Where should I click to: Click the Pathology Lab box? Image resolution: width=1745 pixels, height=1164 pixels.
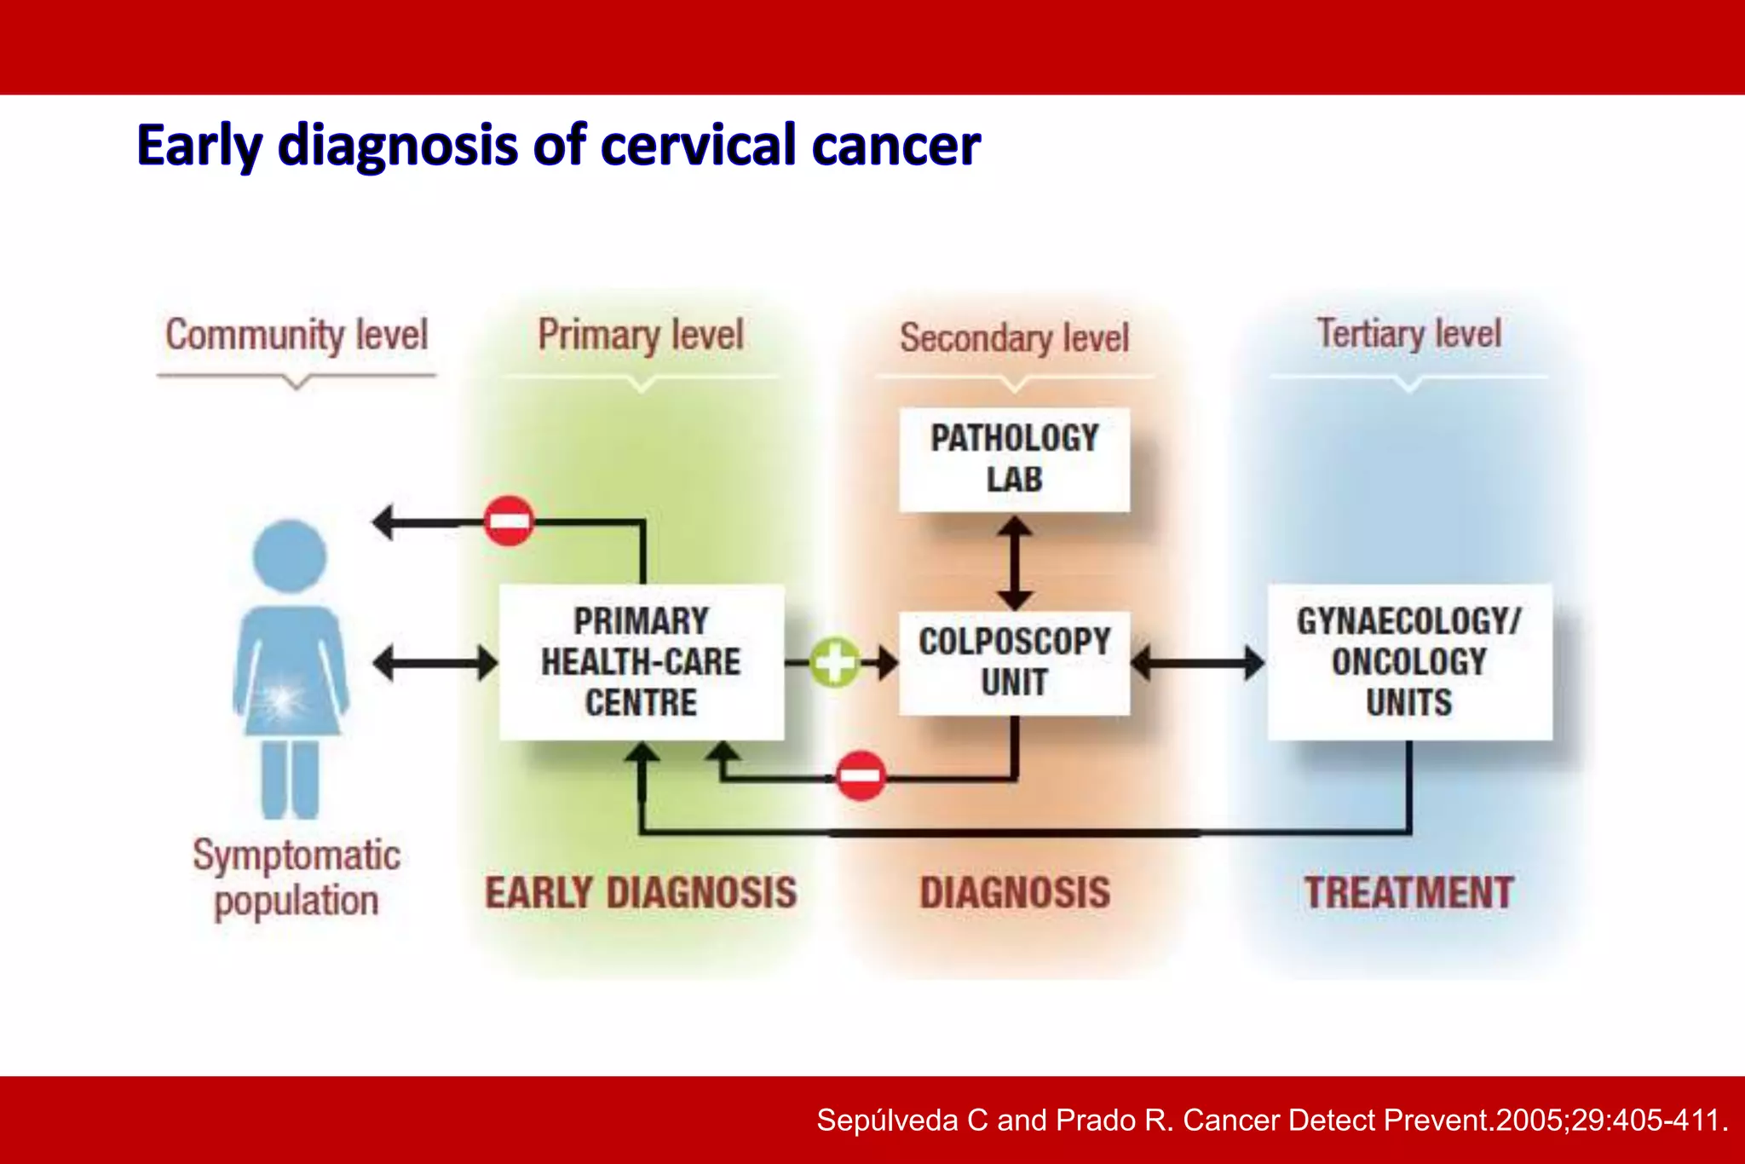click(1014, 460)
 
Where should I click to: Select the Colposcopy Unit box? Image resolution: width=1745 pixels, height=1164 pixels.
click(1014, 662)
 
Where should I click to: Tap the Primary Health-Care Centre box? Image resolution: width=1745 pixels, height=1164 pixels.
click(641, 662)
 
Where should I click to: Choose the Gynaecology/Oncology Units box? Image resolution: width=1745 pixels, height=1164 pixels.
click(1408, 662)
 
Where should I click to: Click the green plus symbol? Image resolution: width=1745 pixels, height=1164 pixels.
click(834, 662)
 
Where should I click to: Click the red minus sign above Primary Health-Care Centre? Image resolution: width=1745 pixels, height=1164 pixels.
click(509, 521)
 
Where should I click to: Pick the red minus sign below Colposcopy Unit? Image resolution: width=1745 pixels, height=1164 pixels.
click(861, 775)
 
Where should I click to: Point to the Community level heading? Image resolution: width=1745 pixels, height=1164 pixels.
click(296, 335)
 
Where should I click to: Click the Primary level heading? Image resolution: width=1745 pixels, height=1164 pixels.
click(641, 335)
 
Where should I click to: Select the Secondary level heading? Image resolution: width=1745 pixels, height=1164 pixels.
click(1014, 338)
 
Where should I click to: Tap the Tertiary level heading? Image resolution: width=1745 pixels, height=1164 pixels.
click(1408, 333)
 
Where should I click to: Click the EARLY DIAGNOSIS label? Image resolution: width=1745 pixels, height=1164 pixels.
click(641, 893)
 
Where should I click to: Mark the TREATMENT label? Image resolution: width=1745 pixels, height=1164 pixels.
click(1408, 893)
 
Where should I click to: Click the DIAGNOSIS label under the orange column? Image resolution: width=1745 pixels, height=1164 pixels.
click(1014, 893)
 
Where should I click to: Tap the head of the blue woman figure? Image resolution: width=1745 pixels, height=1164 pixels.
click(290, 556)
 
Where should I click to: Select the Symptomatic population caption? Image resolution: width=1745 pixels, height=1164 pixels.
click(296, 878)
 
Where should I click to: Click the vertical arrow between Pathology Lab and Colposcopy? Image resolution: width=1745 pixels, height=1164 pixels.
click(1014, 564)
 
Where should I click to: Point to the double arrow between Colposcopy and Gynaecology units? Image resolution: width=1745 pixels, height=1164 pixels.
click(1198, 662)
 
